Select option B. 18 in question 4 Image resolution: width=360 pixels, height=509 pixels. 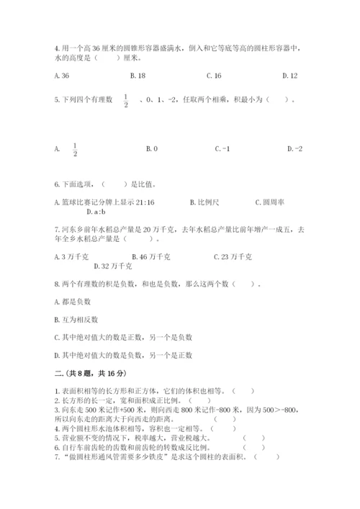(137, 75)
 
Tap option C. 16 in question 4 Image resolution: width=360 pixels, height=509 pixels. (213, 75)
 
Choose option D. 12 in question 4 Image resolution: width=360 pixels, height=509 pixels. (290, 75)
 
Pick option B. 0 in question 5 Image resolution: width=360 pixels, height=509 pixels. (151, 149)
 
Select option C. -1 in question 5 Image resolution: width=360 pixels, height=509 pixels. (222, 149)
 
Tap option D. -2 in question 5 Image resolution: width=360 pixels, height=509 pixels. (294, 149)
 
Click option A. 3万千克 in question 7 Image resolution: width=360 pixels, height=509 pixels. (73, 256)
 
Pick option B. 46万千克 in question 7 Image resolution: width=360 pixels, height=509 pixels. (151, 256)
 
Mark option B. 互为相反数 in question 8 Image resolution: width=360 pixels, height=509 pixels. (74, 318)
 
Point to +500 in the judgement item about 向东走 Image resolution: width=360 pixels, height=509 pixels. (119, 408)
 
